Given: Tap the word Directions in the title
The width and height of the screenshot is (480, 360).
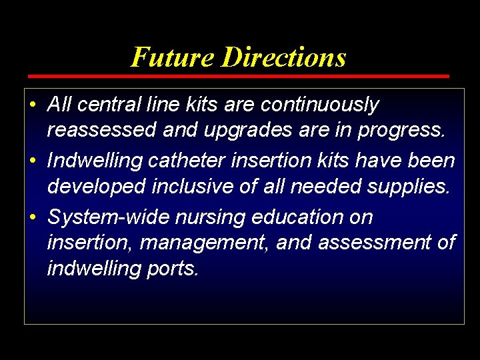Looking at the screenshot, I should click(x=284, y=57).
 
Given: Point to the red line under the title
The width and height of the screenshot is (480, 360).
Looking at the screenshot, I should click(x=239, y=77).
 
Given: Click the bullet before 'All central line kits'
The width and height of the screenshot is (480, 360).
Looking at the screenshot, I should click(x=33, y=105).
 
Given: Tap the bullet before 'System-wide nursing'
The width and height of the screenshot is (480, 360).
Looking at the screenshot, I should click(x=33, y=218).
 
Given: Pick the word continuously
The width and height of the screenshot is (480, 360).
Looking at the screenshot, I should click(x=320, y=105).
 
